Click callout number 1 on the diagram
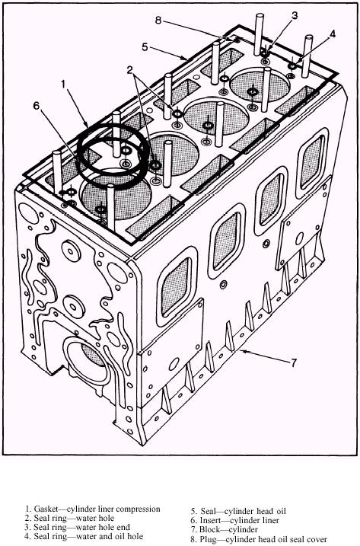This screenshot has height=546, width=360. [x=63, y=84]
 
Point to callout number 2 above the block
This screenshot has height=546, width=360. [x=130, y=70]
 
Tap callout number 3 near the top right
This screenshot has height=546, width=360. [x=295, y=15]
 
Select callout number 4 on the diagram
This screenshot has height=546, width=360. [x=333, y=34]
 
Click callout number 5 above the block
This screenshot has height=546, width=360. [x=145, y=46]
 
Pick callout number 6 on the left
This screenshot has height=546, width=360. [x=37, y=106]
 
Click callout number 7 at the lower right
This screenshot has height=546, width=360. [x=294, y=362]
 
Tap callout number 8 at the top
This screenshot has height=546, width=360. [x=158, y=21]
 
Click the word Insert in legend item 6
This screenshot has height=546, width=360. [x=210, y=520]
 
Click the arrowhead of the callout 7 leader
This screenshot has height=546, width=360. [x=243, y=351]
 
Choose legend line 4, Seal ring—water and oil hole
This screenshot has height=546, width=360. [x=84, y=536]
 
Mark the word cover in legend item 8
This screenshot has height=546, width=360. [x=317, y=539]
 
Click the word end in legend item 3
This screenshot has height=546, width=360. [x=123, y=527]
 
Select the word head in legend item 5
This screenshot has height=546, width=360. [x=266, y=511]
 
